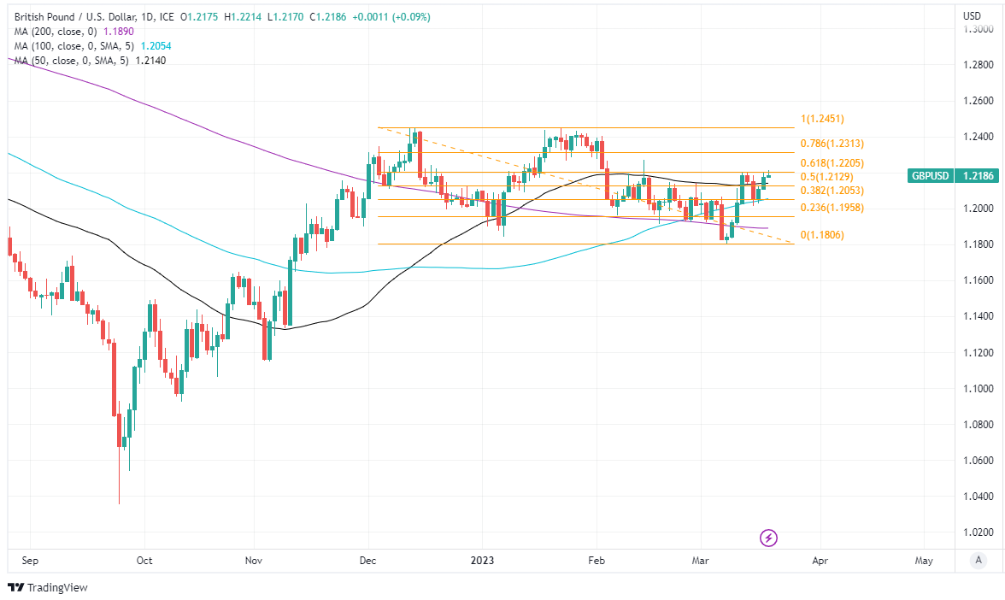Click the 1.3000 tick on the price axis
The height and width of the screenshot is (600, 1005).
click(x=978, y=28)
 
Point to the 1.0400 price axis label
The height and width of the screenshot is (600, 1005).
click(x=978, y=497)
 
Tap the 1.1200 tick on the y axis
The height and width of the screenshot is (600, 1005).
click(x=978, y=352)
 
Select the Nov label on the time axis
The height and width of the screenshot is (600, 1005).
click(x=253, y=561)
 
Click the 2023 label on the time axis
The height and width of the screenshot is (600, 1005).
click(x=482, y=561)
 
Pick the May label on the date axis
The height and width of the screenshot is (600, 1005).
click(x=924, y=561)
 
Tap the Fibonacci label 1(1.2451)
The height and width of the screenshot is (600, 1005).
click(x=821, y=119)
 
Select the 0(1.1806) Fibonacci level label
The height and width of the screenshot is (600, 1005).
click(x=821, y=234)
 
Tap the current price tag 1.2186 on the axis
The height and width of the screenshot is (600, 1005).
click(x=979, y=176)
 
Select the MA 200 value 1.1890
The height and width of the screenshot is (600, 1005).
click(x=118, y=31)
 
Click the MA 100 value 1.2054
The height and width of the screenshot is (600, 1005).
click(x=156, y=44)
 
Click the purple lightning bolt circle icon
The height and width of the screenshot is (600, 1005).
click(x=769, y=538)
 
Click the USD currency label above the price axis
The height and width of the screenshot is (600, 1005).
click(x=973, y=15)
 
